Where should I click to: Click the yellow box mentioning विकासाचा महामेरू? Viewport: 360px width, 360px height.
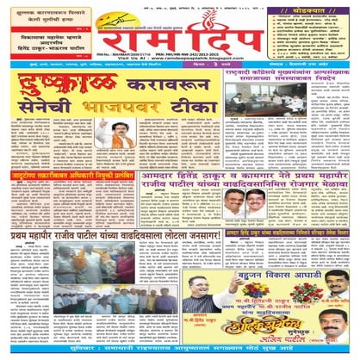[x=47, y=42]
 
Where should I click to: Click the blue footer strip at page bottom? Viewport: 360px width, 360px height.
[x=180, y=353]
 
